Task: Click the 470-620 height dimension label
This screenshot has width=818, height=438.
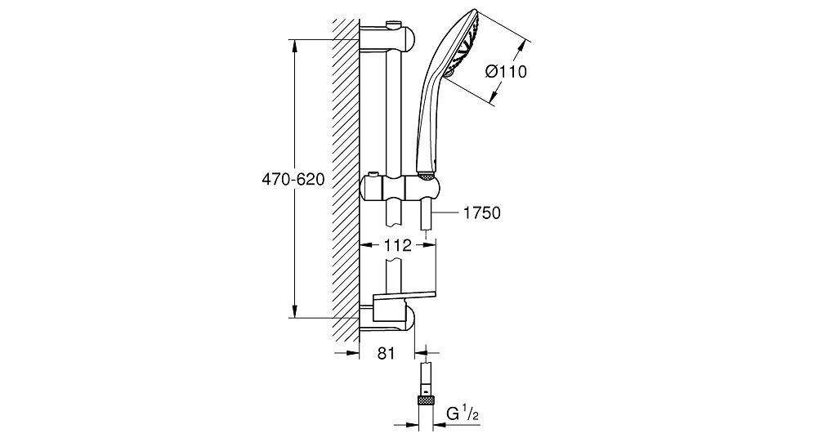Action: pyautogui.click(x=293, y=180)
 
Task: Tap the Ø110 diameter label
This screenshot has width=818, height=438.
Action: pyautogui.click(x=506, y=71)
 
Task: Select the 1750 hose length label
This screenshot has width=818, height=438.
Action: pyautogui.click(x=481, y=212)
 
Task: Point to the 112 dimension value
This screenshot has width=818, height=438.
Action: pyautogui.click(x=398, y=245)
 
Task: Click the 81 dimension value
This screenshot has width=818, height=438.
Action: pyautogui.click(x=386, y=353)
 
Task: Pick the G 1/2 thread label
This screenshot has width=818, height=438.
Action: pyautogui.click(x=463, y=414)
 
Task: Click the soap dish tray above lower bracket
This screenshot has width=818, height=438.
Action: pyautogui.click(x=405, y=297)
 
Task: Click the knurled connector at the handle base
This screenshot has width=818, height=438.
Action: pyautogui.click(x=427, y=177)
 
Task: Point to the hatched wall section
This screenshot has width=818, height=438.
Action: pyautogui.click(x=346, y=181)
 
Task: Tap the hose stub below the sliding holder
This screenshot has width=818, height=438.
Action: pyautogui.click(x=427, y=214)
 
